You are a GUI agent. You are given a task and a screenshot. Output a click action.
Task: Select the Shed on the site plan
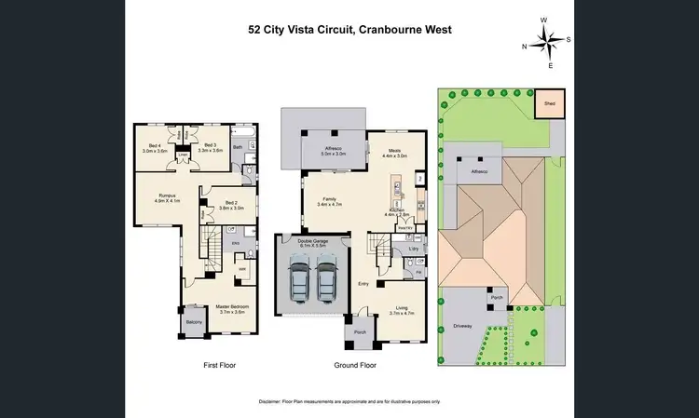click(x=550, y=104)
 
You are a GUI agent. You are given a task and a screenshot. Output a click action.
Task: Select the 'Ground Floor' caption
click(x=354, y=366)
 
